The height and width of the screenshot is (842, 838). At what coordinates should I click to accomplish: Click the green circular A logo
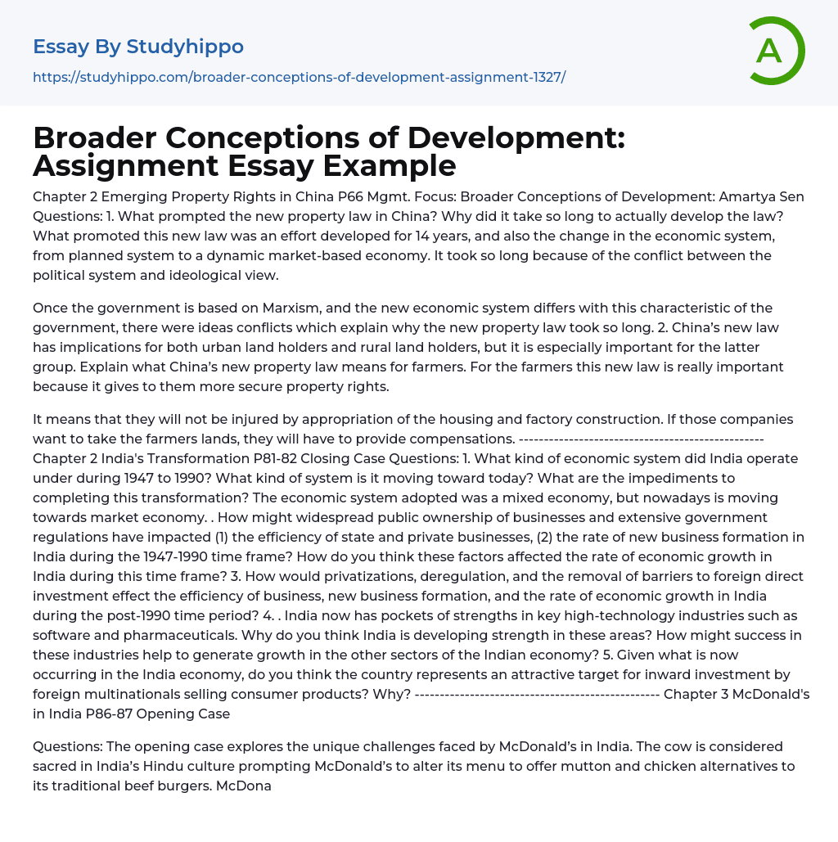(x=776, y=51)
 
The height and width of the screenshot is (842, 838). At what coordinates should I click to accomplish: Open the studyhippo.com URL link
(x=299, y=77)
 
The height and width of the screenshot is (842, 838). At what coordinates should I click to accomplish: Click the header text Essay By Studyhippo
(x=138, y=47)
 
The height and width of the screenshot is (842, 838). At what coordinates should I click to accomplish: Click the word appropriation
(x=300, y=419)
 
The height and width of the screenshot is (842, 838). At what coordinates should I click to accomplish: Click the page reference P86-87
(x=132, y=714)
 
